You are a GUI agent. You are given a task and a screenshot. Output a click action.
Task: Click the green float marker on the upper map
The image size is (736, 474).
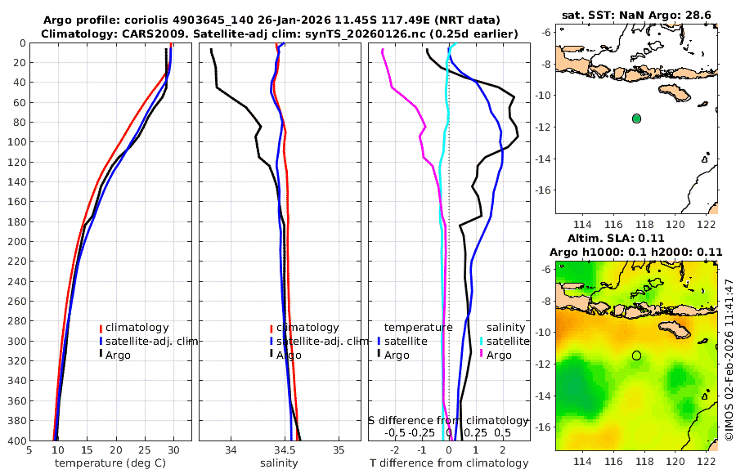click(636, 118)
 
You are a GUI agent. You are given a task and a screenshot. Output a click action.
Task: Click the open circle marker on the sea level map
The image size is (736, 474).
click(636, 355)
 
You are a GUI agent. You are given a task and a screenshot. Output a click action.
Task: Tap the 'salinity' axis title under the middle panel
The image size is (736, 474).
click(279, 463)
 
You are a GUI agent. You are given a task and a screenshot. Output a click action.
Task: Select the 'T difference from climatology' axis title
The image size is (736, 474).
click(449, 463)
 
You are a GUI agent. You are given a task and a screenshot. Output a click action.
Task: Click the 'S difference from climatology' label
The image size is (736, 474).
click(449, 420)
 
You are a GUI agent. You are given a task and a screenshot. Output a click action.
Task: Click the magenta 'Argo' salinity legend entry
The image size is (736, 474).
click(499, 355)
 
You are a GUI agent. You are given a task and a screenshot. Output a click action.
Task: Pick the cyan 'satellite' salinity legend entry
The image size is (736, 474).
click(509, 341)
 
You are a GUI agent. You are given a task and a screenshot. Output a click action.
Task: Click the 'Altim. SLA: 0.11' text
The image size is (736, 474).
click(636, 237)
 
